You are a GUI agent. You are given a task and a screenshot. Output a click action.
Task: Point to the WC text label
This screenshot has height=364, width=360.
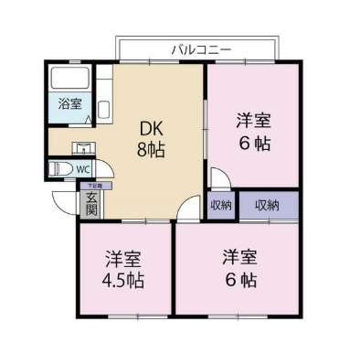[82, 169]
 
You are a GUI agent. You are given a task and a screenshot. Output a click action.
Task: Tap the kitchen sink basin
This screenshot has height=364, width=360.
[101, 110]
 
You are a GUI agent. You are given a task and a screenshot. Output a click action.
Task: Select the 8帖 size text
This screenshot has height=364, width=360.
[150, 150]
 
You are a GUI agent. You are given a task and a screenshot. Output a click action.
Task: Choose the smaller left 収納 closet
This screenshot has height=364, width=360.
[219, 204]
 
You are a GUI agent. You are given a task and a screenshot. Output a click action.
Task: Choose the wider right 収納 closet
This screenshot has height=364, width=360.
[267, 204]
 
